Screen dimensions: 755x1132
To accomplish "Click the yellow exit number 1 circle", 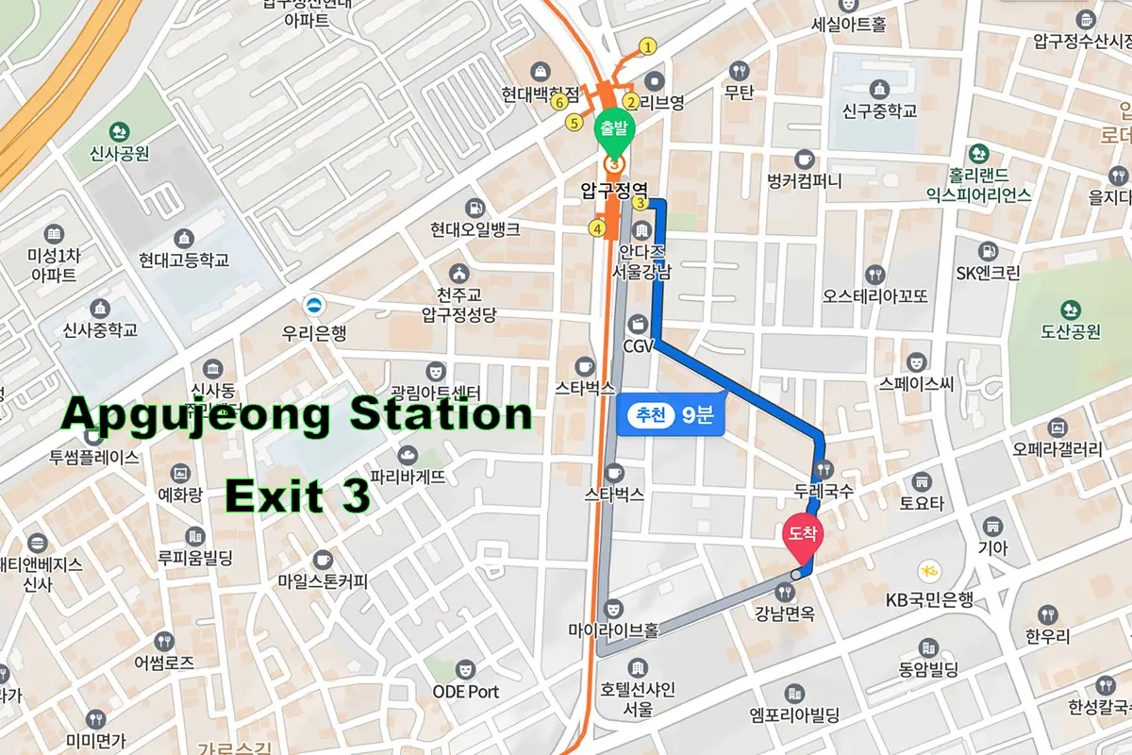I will [x=647, y=46].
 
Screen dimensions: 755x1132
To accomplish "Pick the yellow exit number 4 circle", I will [x=596, y=227].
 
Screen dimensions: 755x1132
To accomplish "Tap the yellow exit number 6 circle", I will [x=560, y=101].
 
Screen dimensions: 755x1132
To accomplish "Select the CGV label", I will [x=639, y=346].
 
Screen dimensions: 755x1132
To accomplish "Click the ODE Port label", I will [x=465, y=692].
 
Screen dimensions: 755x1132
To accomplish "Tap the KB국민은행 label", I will [x=928, y=600].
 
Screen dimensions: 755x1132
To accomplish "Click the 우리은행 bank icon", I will [x=312, y=305].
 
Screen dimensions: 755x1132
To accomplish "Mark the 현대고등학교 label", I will [x=184, y=260].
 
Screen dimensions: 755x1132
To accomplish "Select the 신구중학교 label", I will [x=879, y=110].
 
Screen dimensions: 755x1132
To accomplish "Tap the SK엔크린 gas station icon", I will [x=988, y=252].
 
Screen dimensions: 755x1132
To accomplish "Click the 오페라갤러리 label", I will [x=1057, y=449].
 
